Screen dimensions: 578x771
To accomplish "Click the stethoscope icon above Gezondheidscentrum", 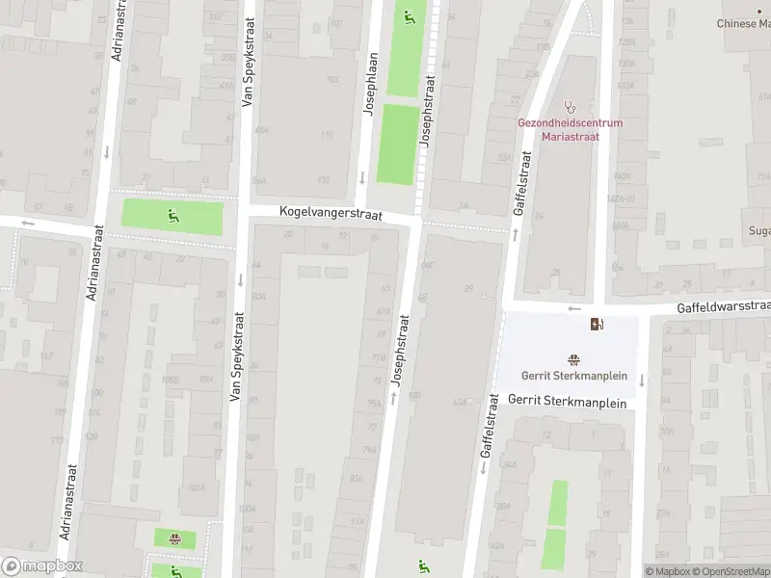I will click(x=570, y=107).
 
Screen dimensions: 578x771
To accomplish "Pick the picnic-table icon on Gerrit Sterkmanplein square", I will click(x=573, y=360).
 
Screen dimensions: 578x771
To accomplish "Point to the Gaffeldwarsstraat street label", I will click(x=724, y=305).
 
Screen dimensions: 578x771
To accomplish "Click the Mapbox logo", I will click(x=42, y=566).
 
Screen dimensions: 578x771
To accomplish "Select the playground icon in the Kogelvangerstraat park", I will click(x=173, y=215).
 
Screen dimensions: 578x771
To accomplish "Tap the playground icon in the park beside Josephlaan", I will click(x=409, y=16).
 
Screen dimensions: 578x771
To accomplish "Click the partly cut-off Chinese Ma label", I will click(x=744, y=23).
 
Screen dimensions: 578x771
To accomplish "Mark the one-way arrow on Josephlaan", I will click(x=362, y=176).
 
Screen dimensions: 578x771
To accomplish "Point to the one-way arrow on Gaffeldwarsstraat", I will click(x=575, y=309).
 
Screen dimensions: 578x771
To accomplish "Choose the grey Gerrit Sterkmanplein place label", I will click(x=573, y=377).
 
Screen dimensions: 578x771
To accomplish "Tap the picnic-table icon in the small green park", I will click(x=174, y=539).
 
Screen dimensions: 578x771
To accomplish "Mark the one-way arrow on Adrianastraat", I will click(x=105, y=152).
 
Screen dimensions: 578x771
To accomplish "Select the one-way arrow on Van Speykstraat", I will click(x=239, y=279).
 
